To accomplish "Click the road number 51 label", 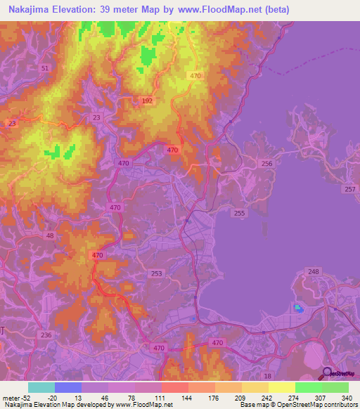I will (x=46, y=68).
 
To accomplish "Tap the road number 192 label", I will (x=147, y=100).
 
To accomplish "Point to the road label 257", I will (x=350, y=190).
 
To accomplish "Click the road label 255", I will (x=239, y=213).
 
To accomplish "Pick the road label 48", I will (x=49, y=236).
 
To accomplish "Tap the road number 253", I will (x=157, y=273).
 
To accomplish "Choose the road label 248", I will (x=314, y=272).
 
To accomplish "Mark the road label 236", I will (x=46, y=336).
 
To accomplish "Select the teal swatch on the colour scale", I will (x=41, y=387).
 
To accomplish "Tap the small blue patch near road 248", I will (x=298, y=308).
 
